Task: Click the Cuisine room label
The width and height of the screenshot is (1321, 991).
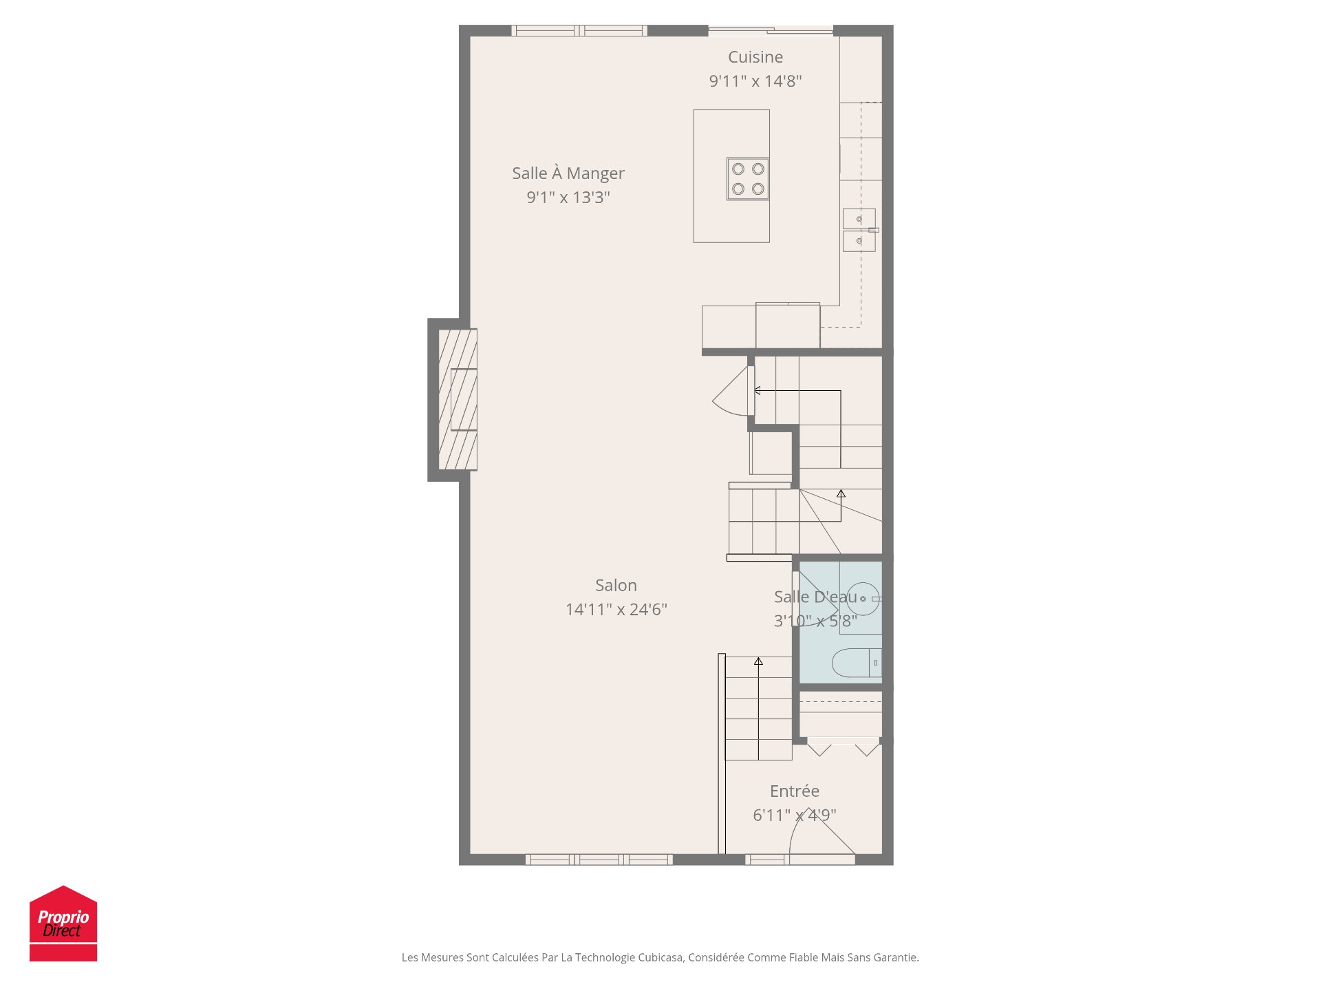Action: (x=755, y=57)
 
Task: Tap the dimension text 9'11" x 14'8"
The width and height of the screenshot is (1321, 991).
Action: (x=755, y=81)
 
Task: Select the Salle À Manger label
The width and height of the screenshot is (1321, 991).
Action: (x=568, y=173)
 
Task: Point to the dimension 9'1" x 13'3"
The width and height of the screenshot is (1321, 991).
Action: (x=568, y=198)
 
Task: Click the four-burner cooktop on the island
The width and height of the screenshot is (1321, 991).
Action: (x=748, y=179)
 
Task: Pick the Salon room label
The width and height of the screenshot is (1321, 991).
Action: (x=616, y=586)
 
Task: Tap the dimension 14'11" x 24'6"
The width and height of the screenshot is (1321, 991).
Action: (x=616, y=610)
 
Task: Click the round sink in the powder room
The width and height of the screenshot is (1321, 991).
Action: (x=862, y=599)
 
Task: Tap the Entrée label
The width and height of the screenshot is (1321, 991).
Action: (x=794, y=791)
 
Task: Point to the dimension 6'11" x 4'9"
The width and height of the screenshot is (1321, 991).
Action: (x=794, y=816)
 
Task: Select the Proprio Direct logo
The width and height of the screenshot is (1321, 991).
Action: (x=63, y=924)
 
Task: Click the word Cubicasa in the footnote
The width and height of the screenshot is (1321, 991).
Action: (x=660, y=957)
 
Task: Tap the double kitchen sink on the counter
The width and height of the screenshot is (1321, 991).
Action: (x=859, y=230)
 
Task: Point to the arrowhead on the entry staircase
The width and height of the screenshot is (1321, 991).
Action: (x=758, y=661)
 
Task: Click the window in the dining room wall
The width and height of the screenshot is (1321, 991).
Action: (x=579, y=30)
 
